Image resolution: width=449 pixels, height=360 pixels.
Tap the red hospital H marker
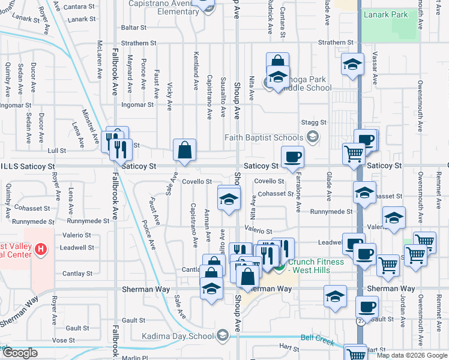[40, 248]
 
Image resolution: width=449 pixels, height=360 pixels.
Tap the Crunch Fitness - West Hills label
[316, 266]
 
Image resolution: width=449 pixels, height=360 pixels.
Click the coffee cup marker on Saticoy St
[292, 157]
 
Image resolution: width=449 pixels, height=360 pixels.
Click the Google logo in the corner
[20, 352]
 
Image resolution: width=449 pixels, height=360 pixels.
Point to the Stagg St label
[315, 122]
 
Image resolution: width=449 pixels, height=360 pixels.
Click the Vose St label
[59, 340]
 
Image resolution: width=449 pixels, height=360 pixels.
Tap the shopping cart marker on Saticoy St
[354, 154]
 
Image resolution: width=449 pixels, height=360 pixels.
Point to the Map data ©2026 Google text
[411, 355]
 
